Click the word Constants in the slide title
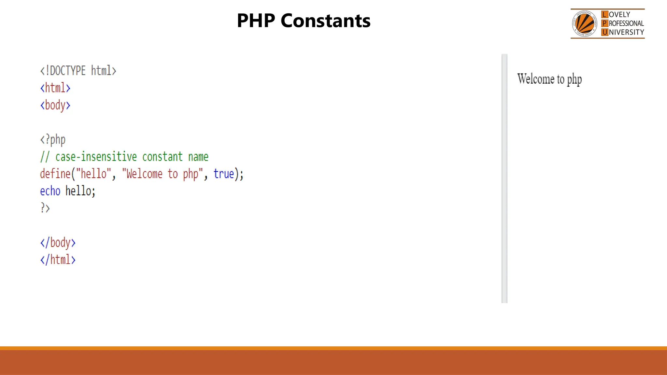pos(325,21)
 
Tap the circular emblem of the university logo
pos(585,24)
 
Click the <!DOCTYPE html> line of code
pos(78,71)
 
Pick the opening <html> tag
pos(55,88)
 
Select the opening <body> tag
pos(55,105)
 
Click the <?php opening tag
pos(53,140)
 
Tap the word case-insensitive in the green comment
pos(96,157)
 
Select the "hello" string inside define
pos(93,174)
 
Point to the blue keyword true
pos(224,174)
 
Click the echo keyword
pos(50,191)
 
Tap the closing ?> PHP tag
pos(45,208)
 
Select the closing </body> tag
pos(58,243)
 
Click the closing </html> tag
pos(58,260)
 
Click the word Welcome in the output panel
pos(536,79)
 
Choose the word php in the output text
pos(574,79)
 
